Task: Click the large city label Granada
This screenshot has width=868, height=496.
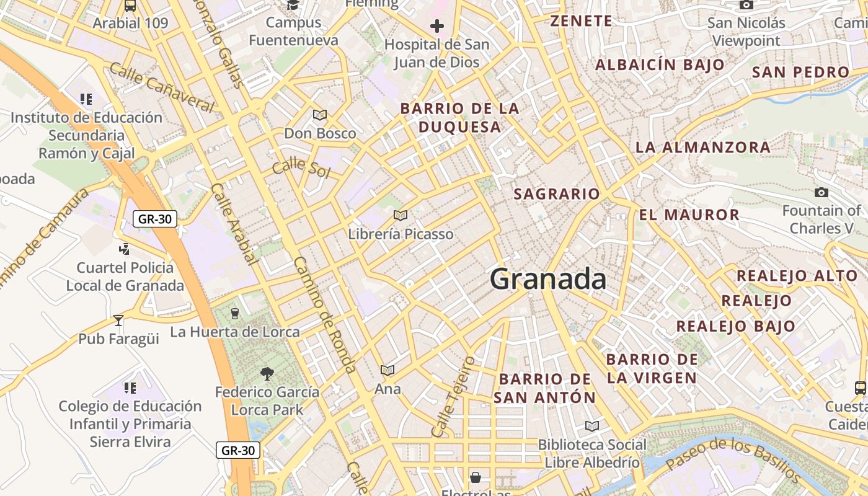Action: coord(548,279)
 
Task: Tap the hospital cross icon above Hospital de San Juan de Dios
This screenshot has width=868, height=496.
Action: coord(437,26)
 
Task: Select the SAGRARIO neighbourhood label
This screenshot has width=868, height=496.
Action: coord(557,194)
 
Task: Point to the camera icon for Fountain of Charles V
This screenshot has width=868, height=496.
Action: coord(821,193)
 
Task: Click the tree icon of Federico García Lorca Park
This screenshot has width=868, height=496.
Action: coord(267,374)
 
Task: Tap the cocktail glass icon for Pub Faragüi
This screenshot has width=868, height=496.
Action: coord(118,321)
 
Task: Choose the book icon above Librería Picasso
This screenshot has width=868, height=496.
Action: coord(401,216)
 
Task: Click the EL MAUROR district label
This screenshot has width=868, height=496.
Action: coord(689,215)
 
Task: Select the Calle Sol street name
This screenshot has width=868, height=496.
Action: coord(301,167)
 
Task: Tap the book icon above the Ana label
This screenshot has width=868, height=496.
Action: coord(387,371)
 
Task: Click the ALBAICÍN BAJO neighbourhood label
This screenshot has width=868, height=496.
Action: coord(660,64)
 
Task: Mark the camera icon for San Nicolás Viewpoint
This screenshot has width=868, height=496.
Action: coord(746,6)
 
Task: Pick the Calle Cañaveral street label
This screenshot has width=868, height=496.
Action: coord(161,87)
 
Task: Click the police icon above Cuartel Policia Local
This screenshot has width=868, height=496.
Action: coord(124,249)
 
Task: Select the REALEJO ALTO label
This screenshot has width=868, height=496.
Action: coord(797,276)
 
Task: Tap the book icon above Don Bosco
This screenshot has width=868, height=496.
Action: coord(320,115)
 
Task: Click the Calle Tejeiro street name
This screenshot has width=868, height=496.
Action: coord(453,397)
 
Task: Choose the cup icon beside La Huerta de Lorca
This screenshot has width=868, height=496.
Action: coord(234,314)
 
